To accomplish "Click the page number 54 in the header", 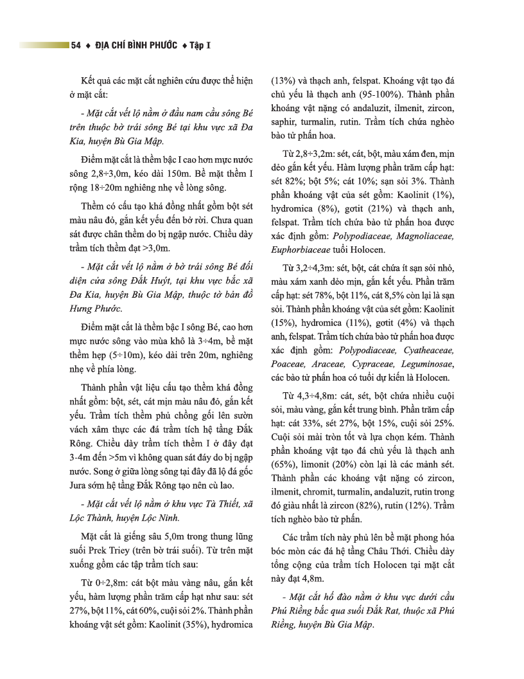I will pyautogui.click(x=76, y=46).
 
